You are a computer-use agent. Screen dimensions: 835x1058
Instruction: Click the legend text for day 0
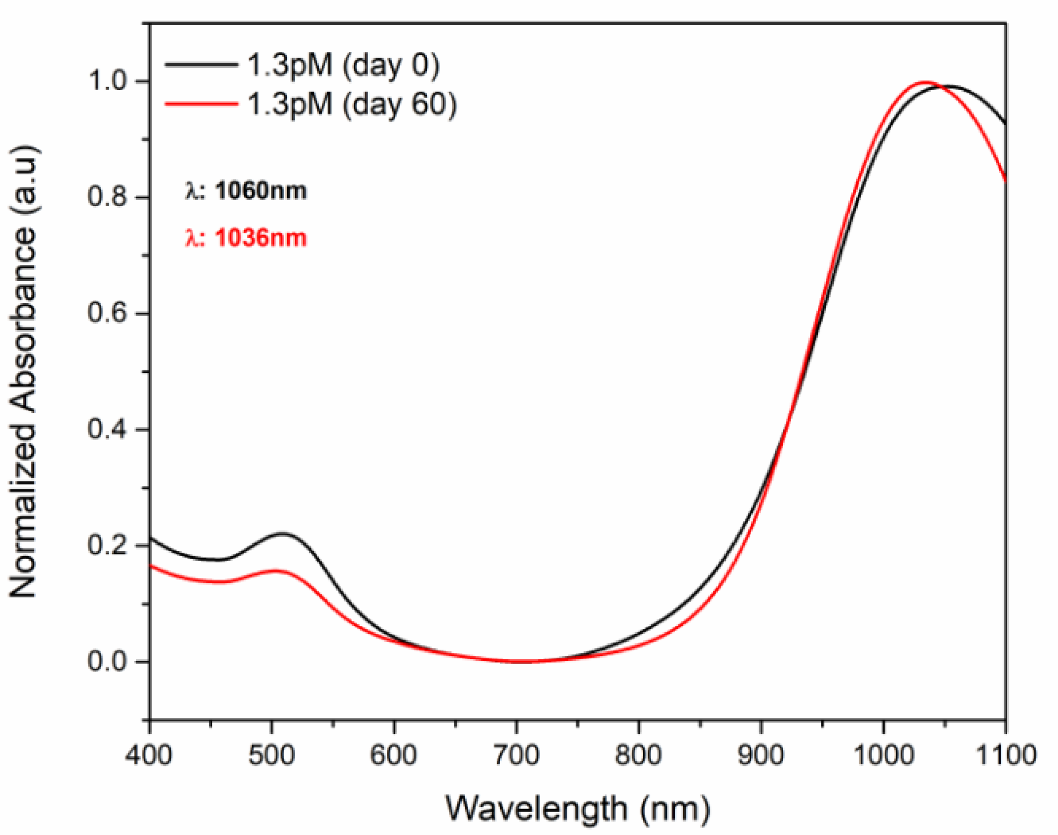[344, 65]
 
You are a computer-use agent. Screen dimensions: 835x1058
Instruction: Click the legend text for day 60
[352, 104]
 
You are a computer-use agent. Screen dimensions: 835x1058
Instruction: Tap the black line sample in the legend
[201, 64]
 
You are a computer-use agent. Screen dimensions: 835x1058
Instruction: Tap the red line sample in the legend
[201, 104]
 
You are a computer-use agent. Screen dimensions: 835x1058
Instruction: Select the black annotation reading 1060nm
[246, 191]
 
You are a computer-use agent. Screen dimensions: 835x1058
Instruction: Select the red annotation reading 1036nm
[246, 238]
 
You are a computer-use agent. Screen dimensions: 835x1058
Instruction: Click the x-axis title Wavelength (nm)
[578, 808]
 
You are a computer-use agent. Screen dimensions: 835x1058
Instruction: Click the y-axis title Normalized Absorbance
[24, 371]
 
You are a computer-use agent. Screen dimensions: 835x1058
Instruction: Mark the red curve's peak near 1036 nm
[926, 82]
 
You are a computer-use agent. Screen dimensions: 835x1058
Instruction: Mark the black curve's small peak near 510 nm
[282, 534]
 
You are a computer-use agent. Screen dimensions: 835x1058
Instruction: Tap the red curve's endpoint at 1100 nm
[1005, 180]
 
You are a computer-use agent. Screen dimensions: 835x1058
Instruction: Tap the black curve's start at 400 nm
[150, 538]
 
